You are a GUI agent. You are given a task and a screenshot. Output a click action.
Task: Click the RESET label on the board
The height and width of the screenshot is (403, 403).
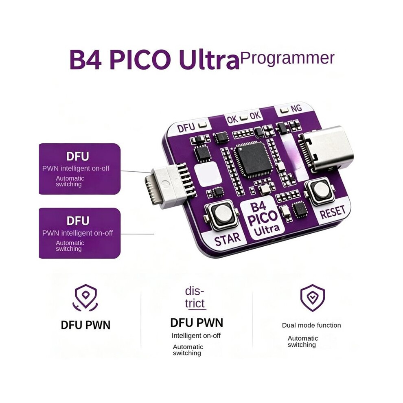[333, 212]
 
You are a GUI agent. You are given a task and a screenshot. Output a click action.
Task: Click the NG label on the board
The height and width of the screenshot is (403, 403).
[296, 108]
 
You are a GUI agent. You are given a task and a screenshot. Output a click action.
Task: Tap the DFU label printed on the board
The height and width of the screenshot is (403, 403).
[186, 127]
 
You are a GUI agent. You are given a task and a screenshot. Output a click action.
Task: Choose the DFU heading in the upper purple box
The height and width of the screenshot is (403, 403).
[78, 156]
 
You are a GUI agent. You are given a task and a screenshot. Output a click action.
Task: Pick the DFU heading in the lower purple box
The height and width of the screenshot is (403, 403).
[78, 221]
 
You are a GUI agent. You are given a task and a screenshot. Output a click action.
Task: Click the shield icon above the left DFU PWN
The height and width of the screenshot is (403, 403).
[85, 298]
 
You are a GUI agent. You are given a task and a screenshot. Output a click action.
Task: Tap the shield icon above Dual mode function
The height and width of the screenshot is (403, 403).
[313, 298]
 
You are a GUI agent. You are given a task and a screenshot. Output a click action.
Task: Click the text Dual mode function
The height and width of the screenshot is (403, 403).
[311, 325]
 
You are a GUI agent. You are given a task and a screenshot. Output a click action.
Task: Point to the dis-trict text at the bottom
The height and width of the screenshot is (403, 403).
[195, 298]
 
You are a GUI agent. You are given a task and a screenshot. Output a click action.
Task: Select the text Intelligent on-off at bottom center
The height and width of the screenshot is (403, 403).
[196, 336]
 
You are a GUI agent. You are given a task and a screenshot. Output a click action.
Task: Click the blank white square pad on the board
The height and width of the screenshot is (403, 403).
[208, 174]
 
